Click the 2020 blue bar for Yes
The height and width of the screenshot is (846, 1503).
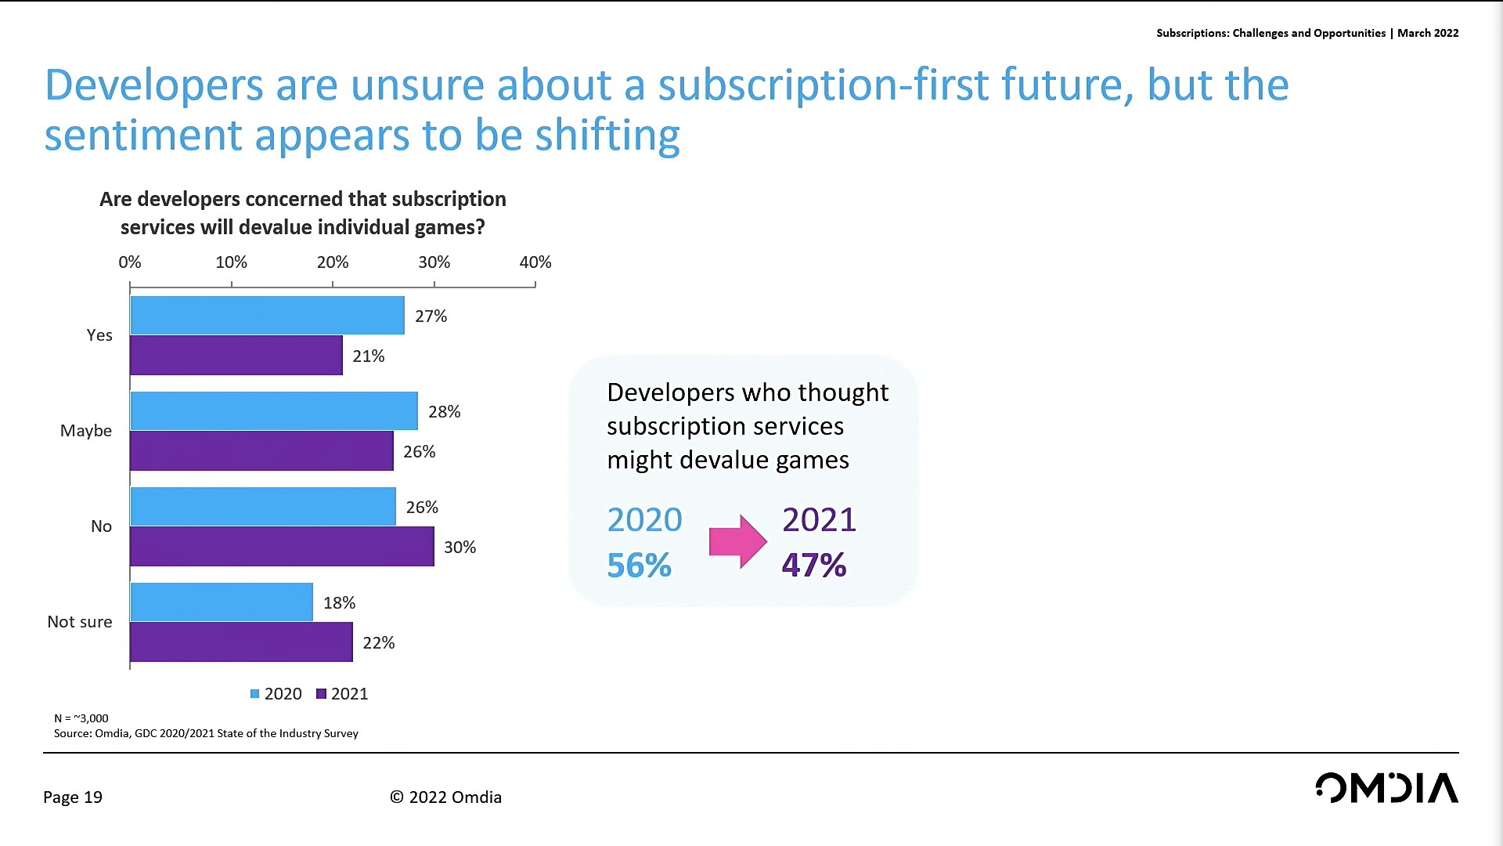[267, 316]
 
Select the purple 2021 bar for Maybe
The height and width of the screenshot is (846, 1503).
[261, 451]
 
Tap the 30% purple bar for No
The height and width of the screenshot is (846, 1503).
[282, 547]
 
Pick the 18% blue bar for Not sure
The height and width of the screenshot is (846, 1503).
[222, 602]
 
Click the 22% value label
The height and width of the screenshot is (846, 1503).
[379, 643]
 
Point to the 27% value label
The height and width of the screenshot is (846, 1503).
[431, 316]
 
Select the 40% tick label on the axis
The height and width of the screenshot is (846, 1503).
[535, 262]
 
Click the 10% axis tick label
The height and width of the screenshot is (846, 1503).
[232, 262]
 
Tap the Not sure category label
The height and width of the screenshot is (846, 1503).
[80, 622]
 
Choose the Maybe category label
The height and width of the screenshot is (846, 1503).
[86, 431]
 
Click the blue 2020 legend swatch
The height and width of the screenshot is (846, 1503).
[255, 694]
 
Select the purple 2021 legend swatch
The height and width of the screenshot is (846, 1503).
[321, 694]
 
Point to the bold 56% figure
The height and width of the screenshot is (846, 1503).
[640, 566]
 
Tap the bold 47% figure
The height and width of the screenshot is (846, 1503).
[814, 566]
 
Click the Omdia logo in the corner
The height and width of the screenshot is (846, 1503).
[1387, 788]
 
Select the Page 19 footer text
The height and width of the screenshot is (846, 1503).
[73, 797]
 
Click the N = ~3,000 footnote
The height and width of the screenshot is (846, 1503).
[81, 718]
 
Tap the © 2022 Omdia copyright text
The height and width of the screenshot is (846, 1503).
[446, 797]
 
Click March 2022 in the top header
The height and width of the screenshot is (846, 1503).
[1428, 33]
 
